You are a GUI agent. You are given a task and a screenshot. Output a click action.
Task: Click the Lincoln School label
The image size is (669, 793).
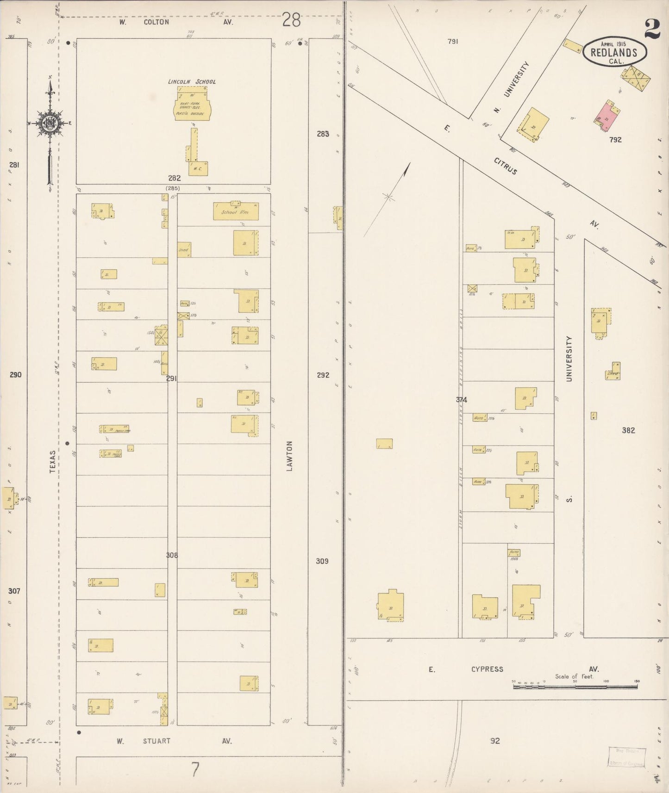click(x=192, y=82)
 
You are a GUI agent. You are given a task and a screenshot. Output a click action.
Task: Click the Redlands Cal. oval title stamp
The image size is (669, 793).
click(x=614, y=52)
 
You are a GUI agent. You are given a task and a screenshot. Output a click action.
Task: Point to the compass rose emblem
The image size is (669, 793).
click(x=48, y=123)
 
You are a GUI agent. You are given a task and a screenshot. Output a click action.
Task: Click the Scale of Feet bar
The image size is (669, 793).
click(x=575, y=687)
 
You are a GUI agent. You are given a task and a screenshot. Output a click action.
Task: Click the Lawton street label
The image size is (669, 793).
click(x=290, y=456)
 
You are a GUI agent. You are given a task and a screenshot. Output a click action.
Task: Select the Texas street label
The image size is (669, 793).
click(x=53, y=461)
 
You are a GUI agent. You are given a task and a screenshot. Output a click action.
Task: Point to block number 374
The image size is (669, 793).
click(x=461, y=400)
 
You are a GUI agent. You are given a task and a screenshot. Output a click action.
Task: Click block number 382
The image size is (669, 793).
click(x=628, y=430)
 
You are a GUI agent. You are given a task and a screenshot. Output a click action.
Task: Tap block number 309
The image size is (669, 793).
click(x=322, y=561)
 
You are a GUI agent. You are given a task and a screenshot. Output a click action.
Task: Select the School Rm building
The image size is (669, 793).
click(x=236, y=211)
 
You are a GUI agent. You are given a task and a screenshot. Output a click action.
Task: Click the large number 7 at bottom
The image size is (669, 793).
click(x=195, y=770)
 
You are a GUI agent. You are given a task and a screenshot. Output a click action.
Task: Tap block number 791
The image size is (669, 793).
click(x=453, y=42)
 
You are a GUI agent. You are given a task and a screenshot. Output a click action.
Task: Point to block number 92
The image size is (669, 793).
click(x=495, y=741)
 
